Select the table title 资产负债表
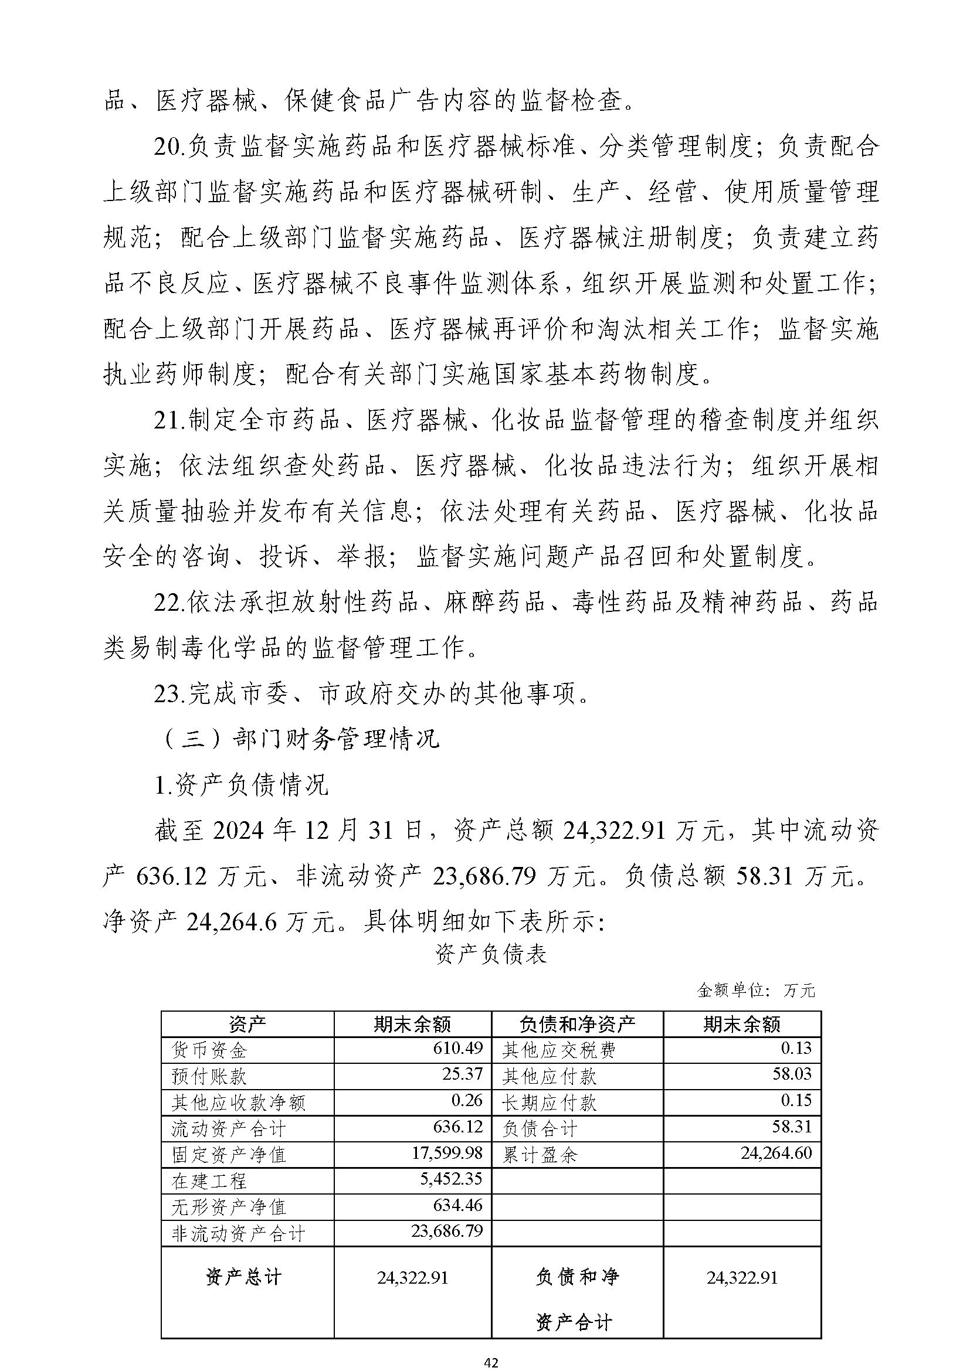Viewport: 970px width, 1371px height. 490,954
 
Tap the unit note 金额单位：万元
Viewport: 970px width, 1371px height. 755,991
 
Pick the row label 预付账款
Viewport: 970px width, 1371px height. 208,1076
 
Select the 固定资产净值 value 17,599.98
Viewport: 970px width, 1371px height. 447,1152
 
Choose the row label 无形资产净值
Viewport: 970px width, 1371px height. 229,1207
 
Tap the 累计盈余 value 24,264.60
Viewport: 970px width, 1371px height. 776,1152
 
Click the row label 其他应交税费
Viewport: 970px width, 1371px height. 558,1049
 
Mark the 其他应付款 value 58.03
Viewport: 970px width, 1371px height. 792,1074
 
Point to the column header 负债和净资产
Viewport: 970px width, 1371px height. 577,1025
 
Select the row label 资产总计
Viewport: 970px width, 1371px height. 243,1277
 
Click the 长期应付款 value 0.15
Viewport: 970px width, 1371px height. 796,1100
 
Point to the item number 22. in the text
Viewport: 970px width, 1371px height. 169,603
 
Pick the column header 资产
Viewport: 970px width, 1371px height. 247,1025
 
